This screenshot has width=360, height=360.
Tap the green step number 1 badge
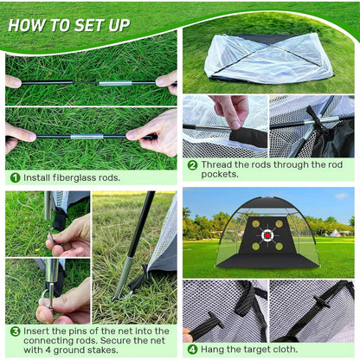(15, 177)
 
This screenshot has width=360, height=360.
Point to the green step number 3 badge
(15, 331)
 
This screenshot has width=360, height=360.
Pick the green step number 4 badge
(192, 350)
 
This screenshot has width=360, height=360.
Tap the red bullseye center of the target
(267, 235)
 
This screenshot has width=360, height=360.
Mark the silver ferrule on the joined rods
(86, 137)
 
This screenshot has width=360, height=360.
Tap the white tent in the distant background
(336, 233)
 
